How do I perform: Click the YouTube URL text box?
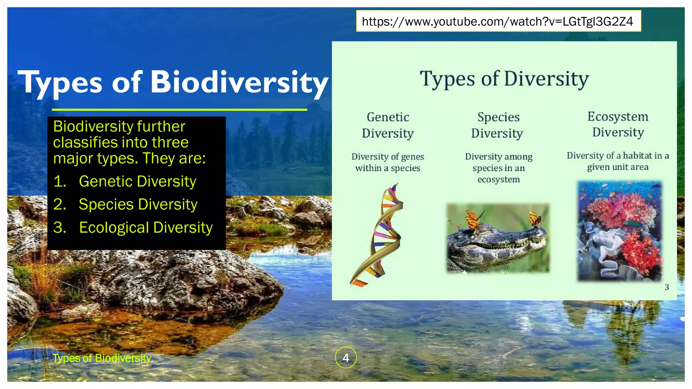click(498, 21)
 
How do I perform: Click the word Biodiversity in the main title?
click(239, 82)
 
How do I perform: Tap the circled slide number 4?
click(346, 357)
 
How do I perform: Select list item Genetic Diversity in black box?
click(137, 181)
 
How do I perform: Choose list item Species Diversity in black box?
click(138, 204)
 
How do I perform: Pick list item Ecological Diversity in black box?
click(146, 227)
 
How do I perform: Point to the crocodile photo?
click(497, 238)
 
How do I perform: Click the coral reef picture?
click(619, 231)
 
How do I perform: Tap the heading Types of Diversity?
click(504, 79)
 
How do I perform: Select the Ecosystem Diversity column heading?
click(618, 124)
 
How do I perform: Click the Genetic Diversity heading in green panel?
click(388, 125)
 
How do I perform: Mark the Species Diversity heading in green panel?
click(497, 125)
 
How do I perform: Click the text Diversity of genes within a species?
click(388, 162)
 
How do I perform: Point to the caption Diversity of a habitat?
click(618, 161)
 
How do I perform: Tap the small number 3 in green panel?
click(666, 287)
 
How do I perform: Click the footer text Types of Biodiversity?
click(102, 358)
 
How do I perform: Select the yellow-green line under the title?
click(179, 109)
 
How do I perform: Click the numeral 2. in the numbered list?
click(59, 204)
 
